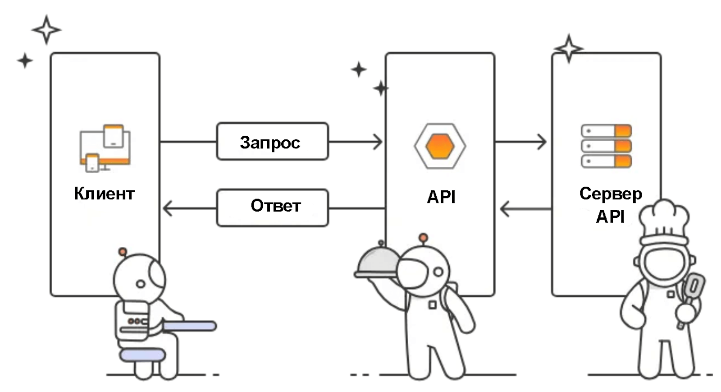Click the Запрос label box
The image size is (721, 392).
[272, 142]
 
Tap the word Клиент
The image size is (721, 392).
[104, 194]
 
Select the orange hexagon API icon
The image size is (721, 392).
[440, 146]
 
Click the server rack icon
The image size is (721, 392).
[606, 146]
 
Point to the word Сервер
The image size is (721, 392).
[611, 194]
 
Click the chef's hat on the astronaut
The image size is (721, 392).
[665, 221]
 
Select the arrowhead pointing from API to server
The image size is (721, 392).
[542, 142]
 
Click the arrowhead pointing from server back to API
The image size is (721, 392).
[505, 209]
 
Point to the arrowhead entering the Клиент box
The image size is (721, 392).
[167, 209]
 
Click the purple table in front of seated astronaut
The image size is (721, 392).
[189, 326]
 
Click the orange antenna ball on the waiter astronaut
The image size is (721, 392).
[423, 237]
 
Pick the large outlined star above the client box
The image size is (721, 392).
[46, 30]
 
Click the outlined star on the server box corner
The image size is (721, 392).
[568, 48]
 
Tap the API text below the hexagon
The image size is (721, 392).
[441, 197]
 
